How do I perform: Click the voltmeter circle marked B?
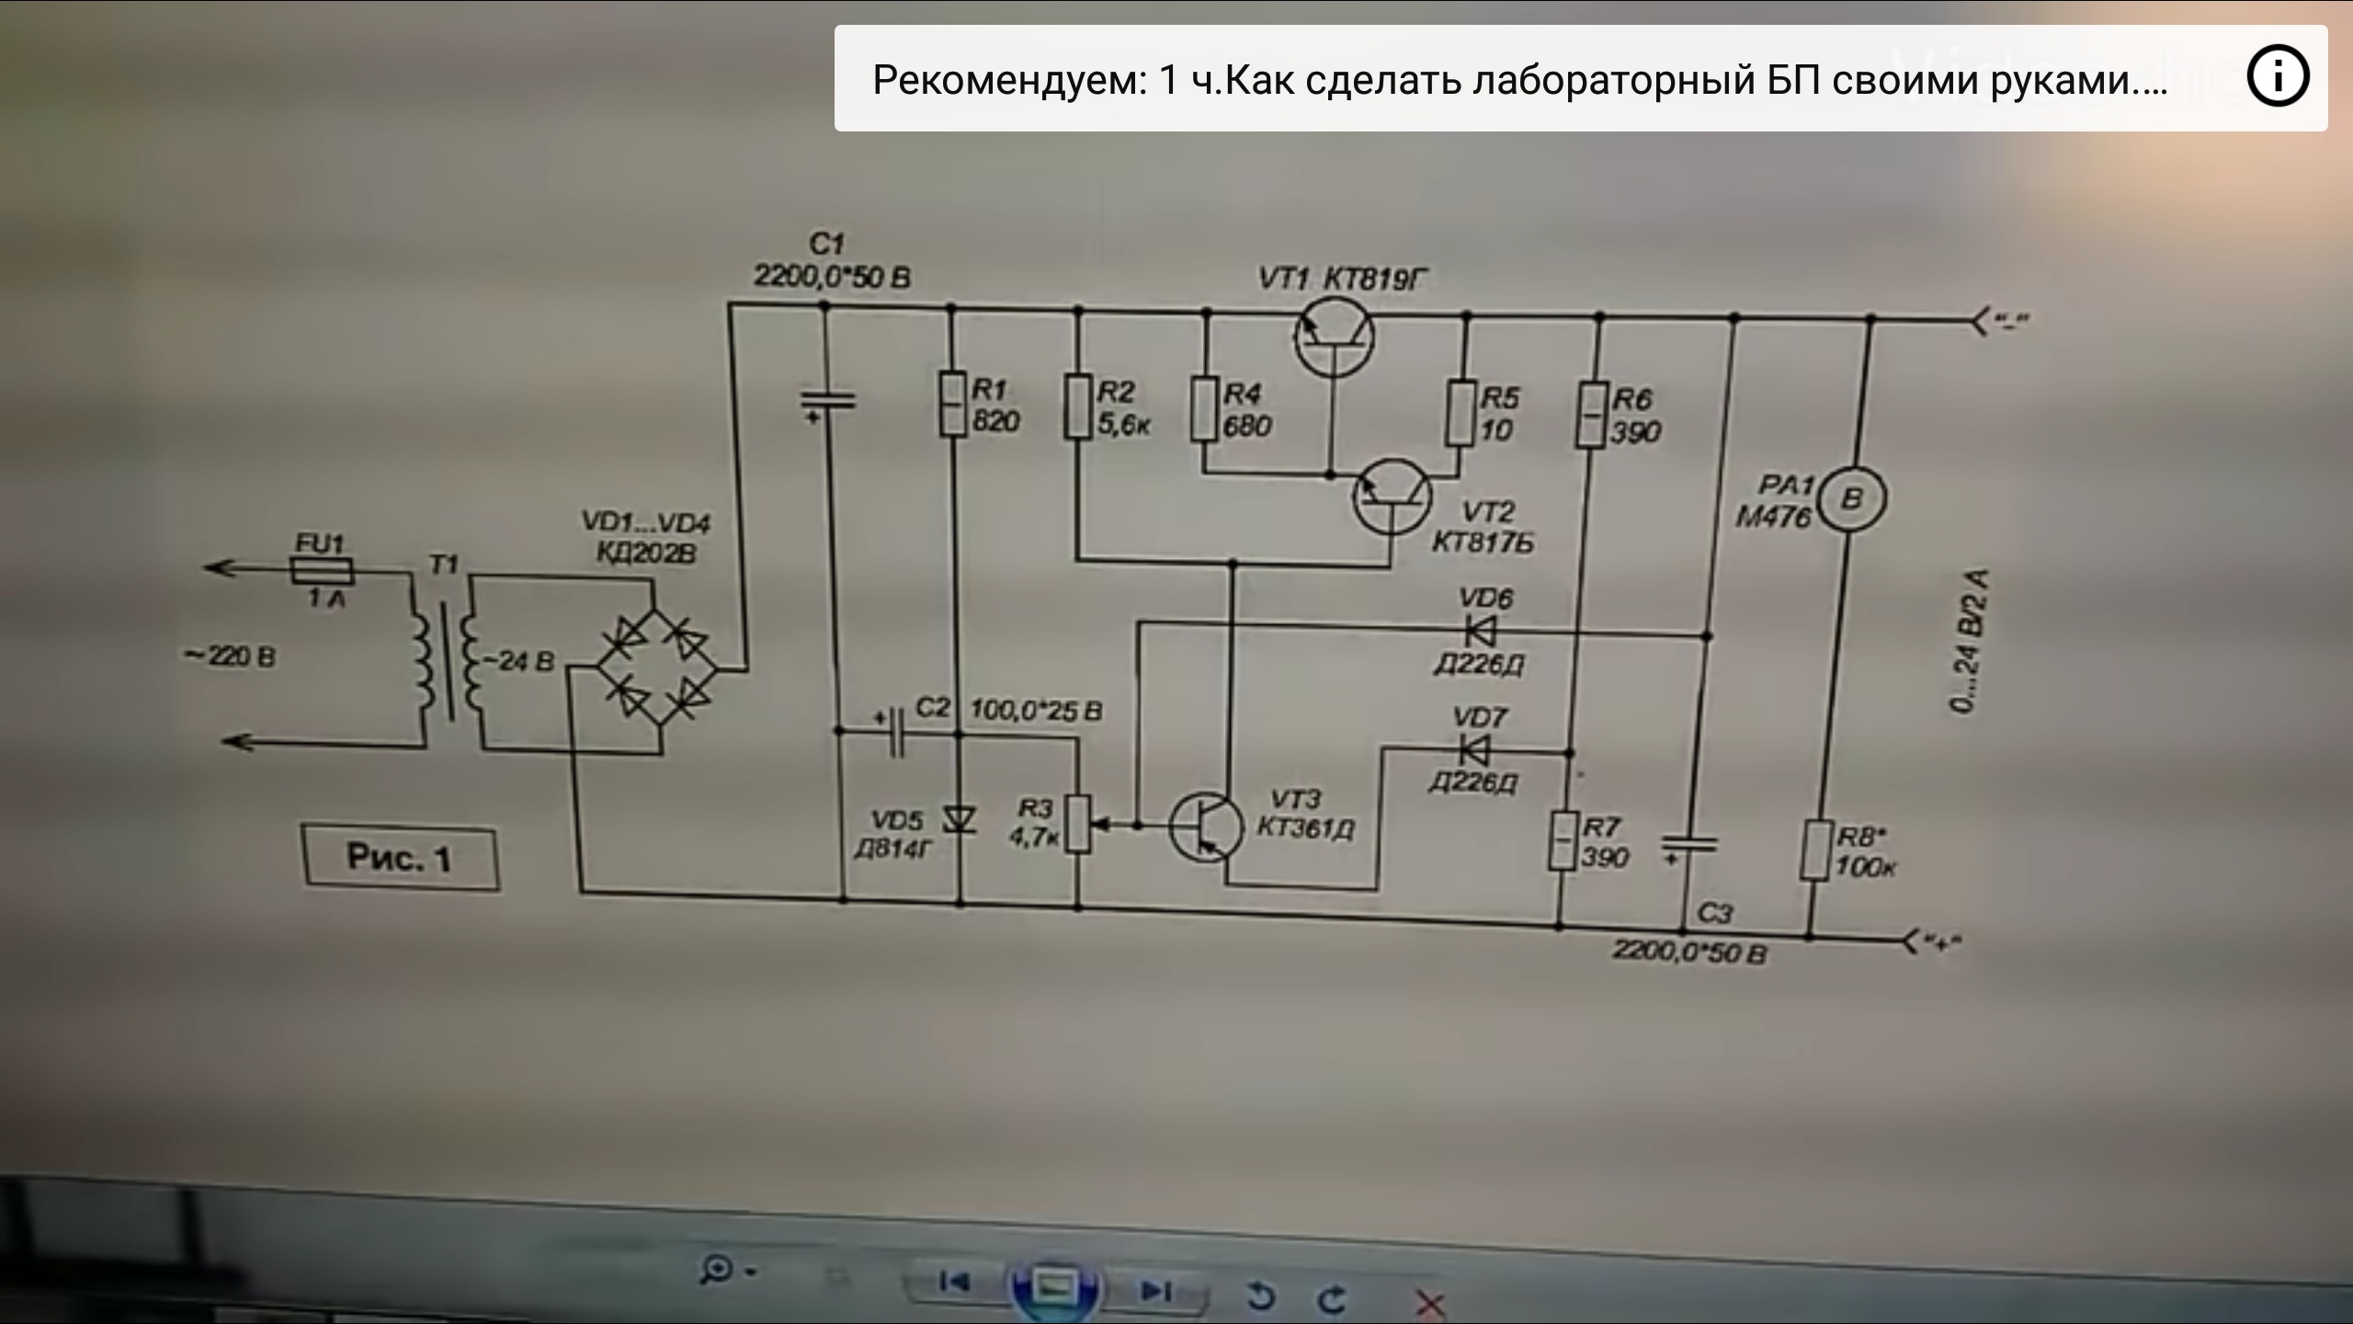coord(1853,498)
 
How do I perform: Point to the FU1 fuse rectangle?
coord(321,572)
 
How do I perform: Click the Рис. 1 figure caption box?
coord(401,859)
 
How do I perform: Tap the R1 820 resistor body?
coord(952,403)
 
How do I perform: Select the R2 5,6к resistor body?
coord(1078,405)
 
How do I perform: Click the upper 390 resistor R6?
coord(1592,415)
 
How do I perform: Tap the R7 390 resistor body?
coord(1562,840)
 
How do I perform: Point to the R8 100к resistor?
coord(1815,851)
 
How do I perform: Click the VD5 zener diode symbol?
coord(960,819)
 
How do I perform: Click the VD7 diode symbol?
coord(1474,751)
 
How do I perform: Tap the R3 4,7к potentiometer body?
coord(1078,825)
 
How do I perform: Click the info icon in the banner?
coord(2278,78)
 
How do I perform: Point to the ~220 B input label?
coord(230,657)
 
